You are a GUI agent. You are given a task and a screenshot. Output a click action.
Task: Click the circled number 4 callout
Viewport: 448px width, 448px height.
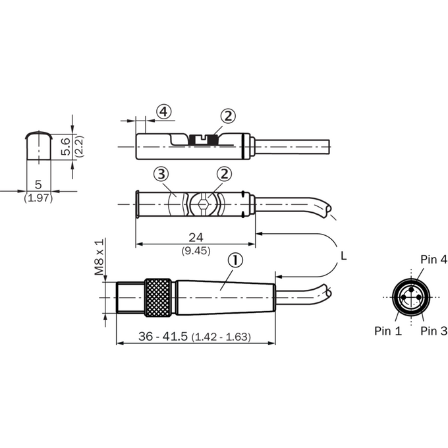[x=163, y=112]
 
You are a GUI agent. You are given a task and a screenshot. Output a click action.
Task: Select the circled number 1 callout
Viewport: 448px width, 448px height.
[x=235, y=260]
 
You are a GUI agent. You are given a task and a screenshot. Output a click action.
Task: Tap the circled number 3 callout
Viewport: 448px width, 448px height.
[x=161, y=174]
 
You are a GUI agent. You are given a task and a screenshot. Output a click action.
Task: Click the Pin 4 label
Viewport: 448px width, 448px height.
[x=434, y=260]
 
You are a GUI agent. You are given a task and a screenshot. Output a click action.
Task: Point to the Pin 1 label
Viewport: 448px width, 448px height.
[x=388, y=331]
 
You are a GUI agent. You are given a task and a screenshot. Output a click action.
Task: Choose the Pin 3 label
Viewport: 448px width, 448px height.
[x=434, y=331]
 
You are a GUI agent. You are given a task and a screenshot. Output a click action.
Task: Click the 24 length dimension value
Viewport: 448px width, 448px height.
[x=196, y=237]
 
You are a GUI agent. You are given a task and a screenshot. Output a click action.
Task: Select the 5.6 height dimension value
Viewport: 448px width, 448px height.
[x=66, y=146]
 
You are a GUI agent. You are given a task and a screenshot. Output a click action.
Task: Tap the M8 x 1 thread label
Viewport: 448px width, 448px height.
[x=99, y=258]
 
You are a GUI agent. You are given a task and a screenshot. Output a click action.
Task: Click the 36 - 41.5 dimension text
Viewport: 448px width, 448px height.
[x=163, y=337]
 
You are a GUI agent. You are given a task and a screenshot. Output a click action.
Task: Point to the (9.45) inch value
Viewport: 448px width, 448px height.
[x=196, y=251]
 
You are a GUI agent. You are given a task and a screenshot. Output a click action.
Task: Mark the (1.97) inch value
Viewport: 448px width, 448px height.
[x=38, y=198]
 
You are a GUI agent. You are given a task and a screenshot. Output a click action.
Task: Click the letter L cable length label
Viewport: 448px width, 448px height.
[x=344, y=256]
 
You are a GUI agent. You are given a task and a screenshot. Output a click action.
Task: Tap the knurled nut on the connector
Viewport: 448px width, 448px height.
[x=158, y=297]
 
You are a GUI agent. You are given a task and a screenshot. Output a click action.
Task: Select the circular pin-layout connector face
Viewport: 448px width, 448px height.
[x=411, y=297]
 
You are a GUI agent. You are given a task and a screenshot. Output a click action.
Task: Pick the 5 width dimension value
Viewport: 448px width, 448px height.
[x=38, y=185]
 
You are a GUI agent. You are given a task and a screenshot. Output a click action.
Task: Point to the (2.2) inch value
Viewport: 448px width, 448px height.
[x=79, y=146]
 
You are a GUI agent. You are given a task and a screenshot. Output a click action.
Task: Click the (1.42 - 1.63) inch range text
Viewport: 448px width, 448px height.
[x=221, y=337]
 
